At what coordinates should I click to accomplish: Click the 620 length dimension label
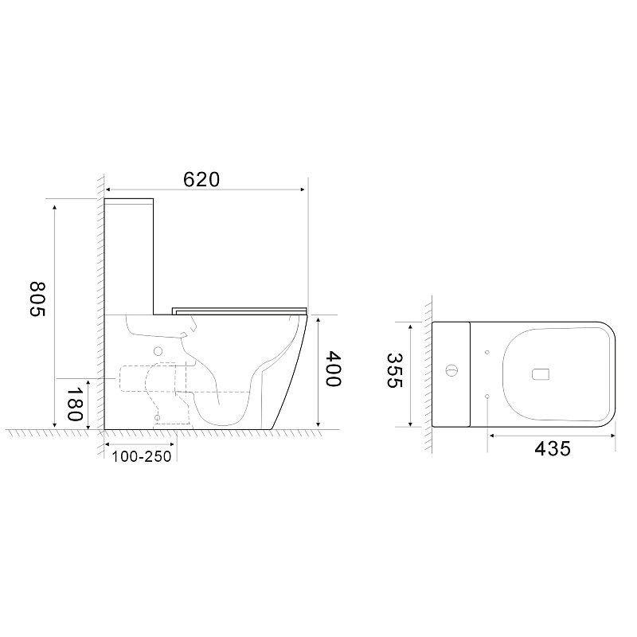pyautogui.click(x=201, y=180)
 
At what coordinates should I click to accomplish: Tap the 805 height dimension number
pyautogui.click(x=37, y=299)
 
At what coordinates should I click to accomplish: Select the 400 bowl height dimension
pyautogui.click(x=334, y=369)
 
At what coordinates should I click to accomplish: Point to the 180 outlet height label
pyautogui.click(x=75, y=404)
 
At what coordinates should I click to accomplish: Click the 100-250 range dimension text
pyautogui.click(x=142, y=456)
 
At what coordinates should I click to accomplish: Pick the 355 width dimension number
pyautogui.click(x=393, y=370)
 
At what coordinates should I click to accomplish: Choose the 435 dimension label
pyautogui.click(x=553, y=449)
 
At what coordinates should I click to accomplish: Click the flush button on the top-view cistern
pyautogui.click(x=451, y=370)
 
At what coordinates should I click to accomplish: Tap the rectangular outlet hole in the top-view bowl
pyautogui.click(x=541, y=374)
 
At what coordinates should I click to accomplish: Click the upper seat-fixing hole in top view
pyautogui.click(x=487, y=352)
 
